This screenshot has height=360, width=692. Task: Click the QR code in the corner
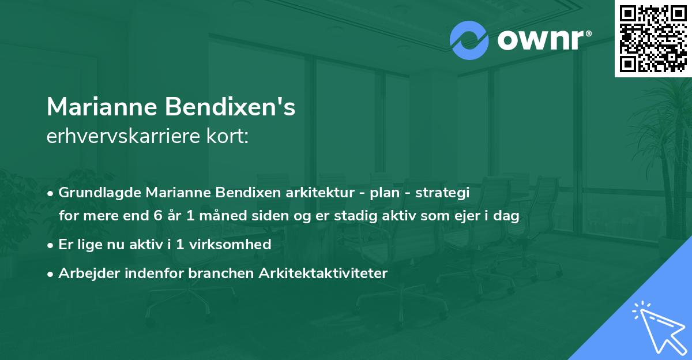[x=653, y=39]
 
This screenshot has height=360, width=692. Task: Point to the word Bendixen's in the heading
[x=230, y=107]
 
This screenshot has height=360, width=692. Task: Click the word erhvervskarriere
[x=123, y=136]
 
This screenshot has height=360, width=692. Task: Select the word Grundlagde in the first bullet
[x=93, y=193]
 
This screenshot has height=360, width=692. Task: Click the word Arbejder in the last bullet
[x=85, y=273]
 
